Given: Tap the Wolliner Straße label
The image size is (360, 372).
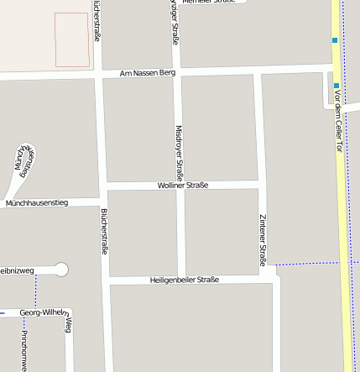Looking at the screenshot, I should coord(183,185).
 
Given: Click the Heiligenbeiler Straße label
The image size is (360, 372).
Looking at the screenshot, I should coord(184,280).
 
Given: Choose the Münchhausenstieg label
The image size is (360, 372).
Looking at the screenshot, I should coord(36,203).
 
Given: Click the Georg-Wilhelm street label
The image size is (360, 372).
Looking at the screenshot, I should coord(43,312).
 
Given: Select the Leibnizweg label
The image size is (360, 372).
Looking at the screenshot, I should coord(17,270).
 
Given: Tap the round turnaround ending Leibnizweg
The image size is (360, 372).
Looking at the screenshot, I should coord(60,270).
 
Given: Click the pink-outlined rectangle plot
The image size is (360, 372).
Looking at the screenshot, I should coord(72,39).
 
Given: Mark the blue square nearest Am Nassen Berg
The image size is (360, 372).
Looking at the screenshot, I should coord(336,86).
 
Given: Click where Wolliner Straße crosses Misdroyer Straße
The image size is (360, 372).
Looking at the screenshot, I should coord(179,185).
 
